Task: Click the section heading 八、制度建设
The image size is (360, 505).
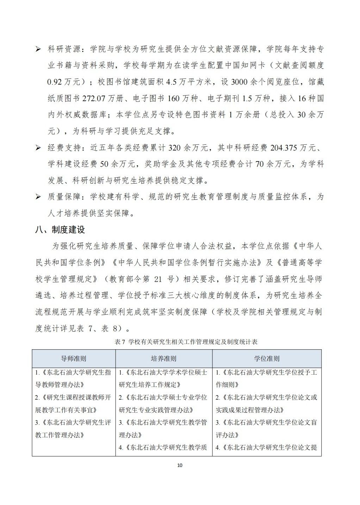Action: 61,230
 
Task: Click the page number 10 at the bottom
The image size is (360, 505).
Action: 180,465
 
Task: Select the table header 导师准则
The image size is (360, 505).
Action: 74,358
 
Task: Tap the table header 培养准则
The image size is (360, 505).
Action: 164,358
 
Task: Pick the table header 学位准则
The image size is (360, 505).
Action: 267,358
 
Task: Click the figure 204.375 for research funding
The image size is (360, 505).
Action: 285,148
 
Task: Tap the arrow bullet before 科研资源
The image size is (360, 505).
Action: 38,49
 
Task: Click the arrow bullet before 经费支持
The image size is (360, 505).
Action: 38,148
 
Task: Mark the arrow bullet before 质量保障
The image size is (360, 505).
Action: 38,197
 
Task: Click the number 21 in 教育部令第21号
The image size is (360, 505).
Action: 158,279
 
